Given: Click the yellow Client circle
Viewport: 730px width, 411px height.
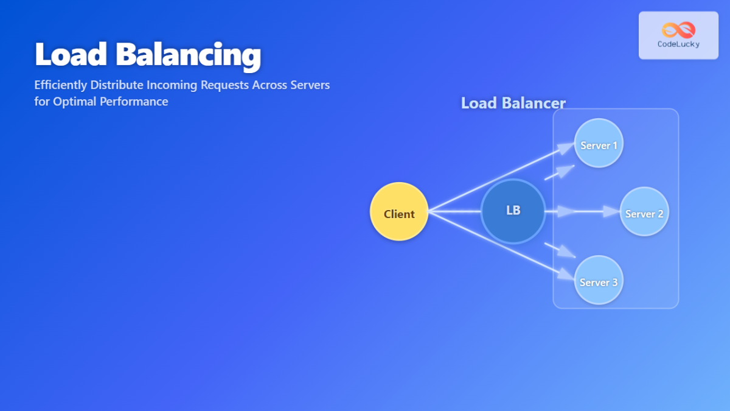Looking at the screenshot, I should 399,212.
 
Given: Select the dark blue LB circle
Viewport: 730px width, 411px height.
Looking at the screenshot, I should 513,211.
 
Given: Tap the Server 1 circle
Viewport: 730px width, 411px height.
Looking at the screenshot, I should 599,143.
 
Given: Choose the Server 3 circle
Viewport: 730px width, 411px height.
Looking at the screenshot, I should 599,280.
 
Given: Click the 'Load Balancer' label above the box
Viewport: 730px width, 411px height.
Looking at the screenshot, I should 513,103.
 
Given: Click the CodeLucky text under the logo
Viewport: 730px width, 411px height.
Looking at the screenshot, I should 678,44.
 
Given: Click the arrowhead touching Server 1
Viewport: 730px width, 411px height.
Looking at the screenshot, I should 568,147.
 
